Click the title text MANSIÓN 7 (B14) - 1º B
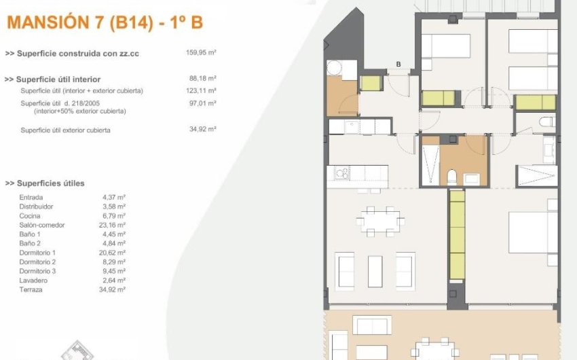tap(105, 22)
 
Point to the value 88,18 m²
tap(202, 79)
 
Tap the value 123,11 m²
tap(201, 90)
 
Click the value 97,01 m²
tap(202, 103)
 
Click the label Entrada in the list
tap(31, 197)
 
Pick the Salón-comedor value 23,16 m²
tap(112, 225)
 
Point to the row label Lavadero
tap(34, 280)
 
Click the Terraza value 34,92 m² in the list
tap(112, 289)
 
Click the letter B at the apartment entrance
tap(398, 65)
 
